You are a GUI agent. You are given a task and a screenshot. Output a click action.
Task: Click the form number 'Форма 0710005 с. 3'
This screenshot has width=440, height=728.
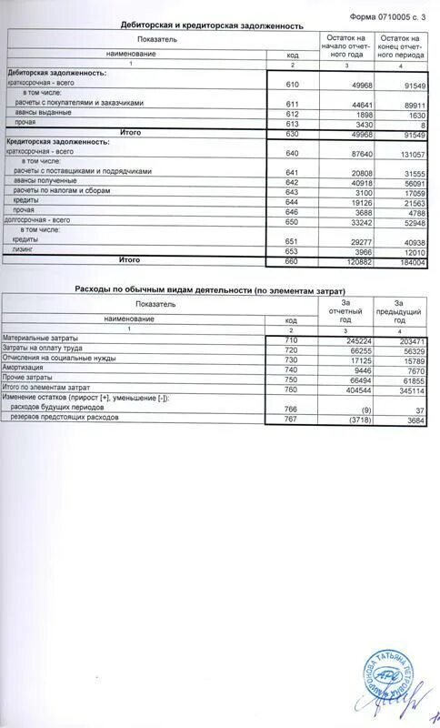[x=385, y=17]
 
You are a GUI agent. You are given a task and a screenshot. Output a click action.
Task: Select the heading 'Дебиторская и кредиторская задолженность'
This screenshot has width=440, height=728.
[x=213, y=27]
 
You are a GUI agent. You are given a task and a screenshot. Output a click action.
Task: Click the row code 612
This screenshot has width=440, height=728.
[x=292, y=114]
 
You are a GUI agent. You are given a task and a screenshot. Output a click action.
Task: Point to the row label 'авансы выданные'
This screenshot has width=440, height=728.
[x=43, y=113]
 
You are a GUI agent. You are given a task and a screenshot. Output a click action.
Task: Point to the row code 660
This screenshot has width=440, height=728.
[x=292, y=260]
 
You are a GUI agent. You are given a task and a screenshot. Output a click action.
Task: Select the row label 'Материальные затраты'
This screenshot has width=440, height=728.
[x=39, y=339]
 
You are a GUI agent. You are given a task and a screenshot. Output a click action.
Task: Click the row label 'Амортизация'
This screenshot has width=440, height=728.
[x=24, y=369]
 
